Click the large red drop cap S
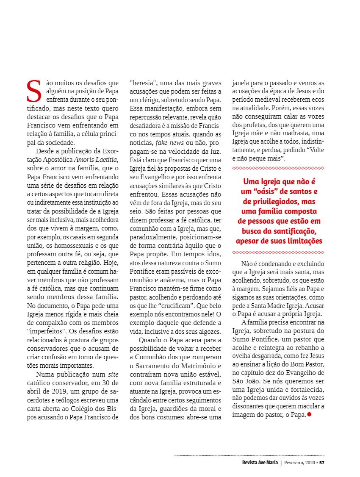pos(33,90)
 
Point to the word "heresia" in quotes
pos(144,82)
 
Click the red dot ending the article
pos(309,414)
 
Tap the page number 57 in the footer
pos(322,462)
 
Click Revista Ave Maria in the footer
pos(257,462)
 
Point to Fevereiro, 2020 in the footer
pos(300,462)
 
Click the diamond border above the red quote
pos(278,169)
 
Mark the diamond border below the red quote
pos(278,252)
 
